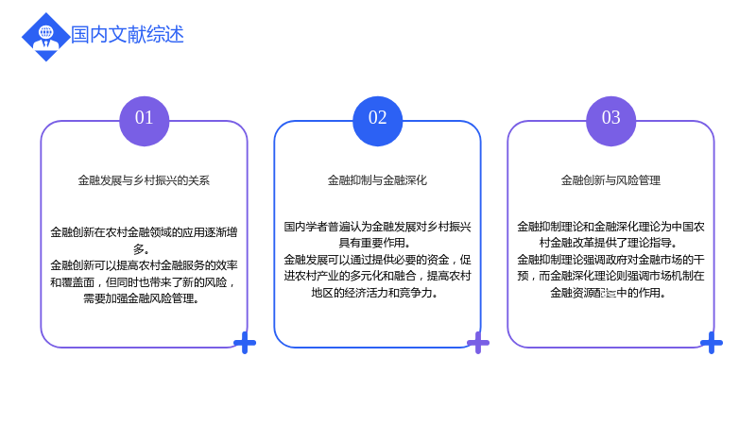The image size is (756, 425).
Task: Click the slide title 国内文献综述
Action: pyautogui.click(x=128, y=35)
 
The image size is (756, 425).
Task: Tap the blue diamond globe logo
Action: pyautogui.click(x=46, y=37)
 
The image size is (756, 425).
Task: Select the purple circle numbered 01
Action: pyautogui.click(x=145, y=121)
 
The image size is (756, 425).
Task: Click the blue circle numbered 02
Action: pyautogui.click(x=377, y=121)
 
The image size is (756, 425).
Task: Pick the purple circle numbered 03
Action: pyautogui.click(x=610, y=121)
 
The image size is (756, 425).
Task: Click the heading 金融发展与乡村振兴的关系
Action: pyautogui.click(x=144, y=180)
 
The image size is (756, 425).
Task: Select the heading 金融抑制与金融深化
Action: pyautogui.click(x=377, y=180)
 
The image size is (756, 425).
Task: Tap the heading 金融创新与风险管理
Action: pyautogui.click(x=610, y=180)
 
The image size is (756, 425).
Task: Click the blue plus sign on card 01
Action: pyautogui.click(x=245, y=343)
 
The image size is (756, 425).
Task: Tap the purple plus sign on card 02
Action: pyautogui.click(x=478, y=343)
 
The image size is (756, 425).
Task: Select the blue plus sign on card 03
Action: pyautogui.click(x=712, y=343)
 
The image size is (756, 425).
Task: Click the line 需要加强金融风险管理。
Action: pyautogui.click(x=141, y=298)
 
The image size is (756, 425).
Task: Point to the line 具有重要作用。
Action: pyautogui.click(x=375, y=243)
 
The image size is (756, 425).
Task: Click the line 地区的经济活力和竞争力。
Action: pyautogui.click(x=374, y=293)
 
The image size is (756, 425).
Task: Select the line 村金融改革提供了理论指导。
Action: pyautogui.click(x=609, y=243)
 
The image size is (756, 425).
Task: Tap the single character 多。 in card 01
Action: pyautogui.click(x=141, y=249)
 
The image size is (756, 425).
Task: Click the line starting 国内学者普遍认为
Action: pyautogui.click(x=377, y=227)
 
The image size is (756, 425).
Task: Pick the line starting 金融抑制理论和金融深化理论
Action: pyautogui.click(x=610, y=227)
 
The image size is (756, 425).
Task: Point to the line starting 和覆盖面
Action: pyautogui.click(x=144, y=282)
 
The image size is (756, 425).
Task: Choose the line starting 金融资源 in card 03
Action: pyautogui.click(x=608, y=293)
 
